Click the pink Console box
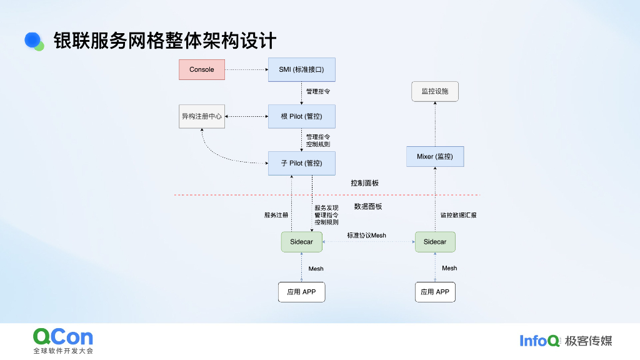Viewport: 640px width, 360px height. click(x=201, y=69)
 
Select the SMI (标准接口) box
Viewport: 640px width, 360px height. click(x=302, y=69)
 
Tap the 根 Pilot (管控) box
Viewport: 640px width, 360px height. click(x=302, y=116)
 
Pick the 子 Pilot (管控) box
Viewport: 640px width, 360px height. click(x=302, y=163)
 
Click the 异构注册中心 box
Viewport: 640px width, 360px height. click(x=201, y=116)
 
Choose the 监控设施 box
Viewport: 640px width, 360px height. click(x=435, y=91)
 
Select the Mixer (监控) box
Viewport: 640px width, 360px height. click(x=435, y=156)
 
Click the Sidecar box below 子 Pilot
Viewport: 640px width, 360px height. click(x=302, y=242)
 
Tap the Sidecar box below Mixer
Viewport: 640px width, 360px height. click(x=435, y=242)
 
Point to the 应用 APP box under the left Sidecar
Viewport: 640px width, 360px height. click(x=302, y=292)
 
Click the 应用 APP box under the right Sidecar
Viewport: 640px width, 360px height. click(x=435, y=292)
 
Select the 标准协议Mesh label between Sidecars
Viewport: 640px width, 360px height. click(x=367, y=236)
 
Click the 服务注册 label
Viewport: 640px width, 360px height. click(x=276, y=215)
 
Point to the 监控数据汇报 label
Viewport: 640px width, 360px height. click(x=458, y=215)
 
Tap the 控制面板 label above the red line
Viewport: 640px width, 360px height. click(x=364, y=183)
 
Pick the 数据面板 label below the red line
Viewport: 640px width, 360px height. click(x=368, y=206)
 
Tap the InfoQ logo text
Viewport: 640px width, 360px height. click(x=539, y=341)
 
